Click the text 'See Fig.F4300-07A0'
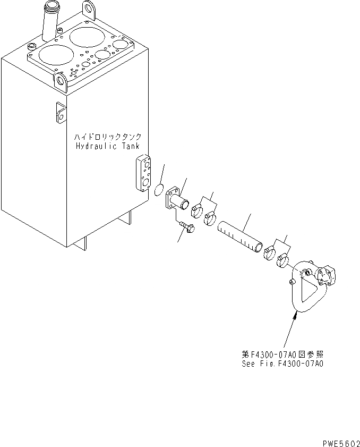click(x=281, y=364)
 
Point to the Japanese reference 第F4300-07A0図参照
click(x=281, y=355)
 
